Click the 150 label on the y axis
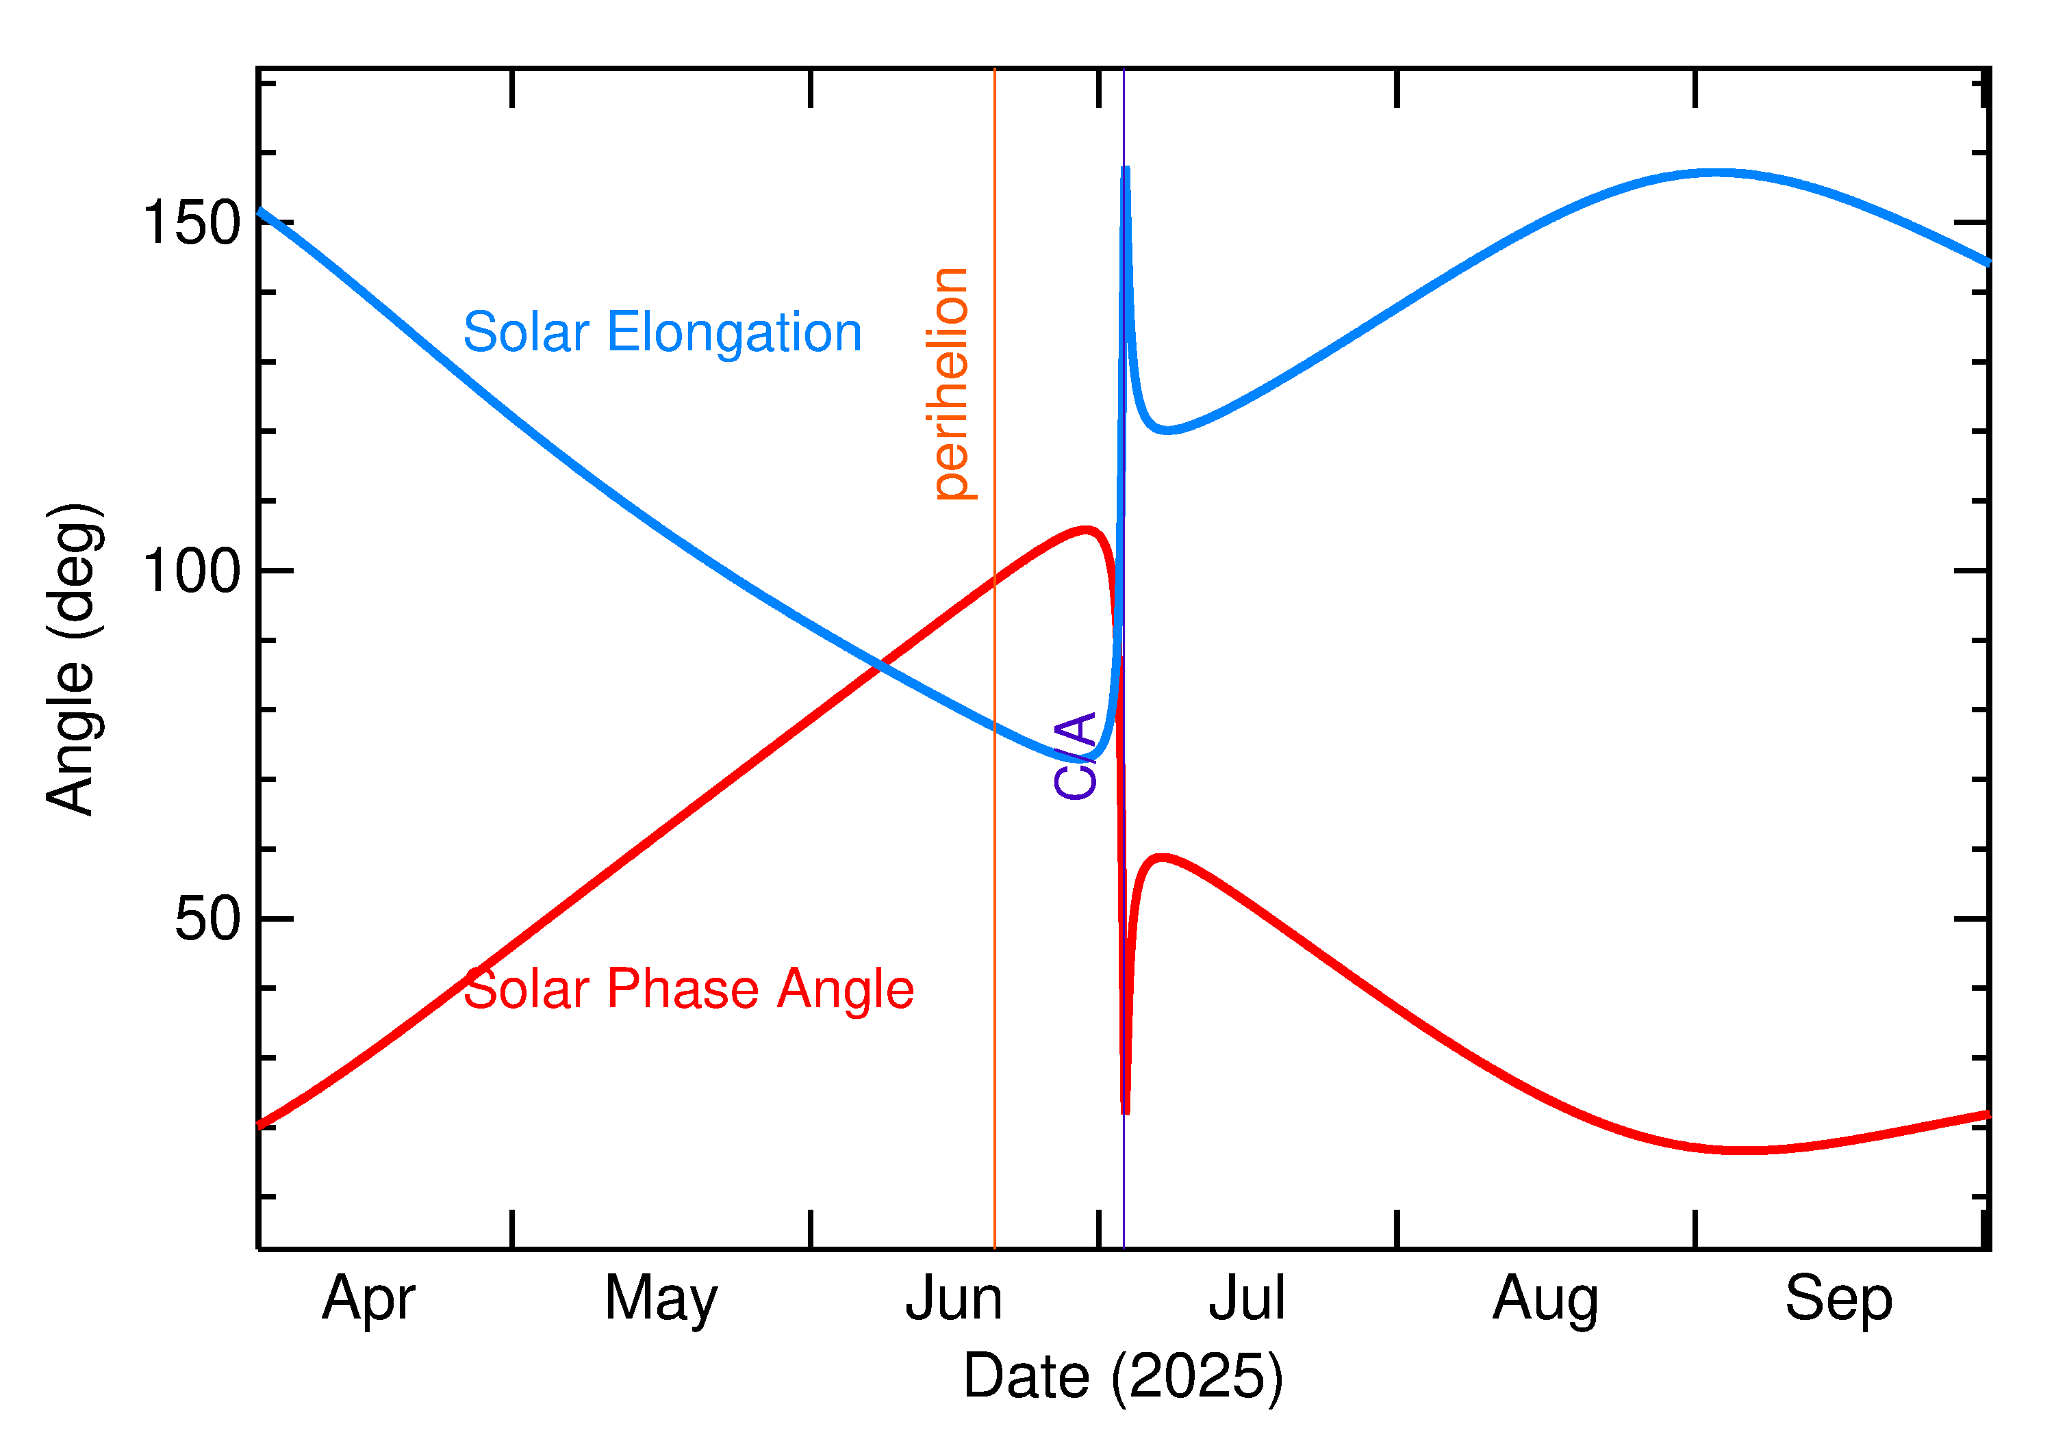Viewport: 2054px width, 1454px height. coord(192,223)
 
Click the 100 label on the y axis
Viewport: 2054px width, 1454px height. coord(192,571)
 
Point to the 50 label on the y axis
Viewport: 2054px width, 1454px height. coord(208,919)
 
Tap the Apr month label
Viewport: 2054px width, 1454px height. coord(368,1299)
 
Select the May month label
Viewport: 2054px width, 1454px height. coord(661,1299)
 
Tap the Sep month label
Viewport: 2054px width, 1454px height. coord(1838,1299)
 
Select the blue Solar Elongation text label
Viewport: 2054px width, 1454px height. coord(662,333)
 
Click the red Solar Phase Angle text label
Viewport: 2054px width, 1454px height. coord(688,989)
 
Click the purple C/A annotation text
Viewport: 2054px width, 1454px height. coord(1075,755)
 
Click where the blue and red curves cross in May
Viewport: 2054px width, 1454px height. coord(880,665)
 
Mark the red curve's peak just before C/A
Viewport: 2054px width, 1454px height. coord(1086,530)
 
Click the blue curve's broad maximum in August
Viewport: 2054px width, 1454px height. coord(1716,172)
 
